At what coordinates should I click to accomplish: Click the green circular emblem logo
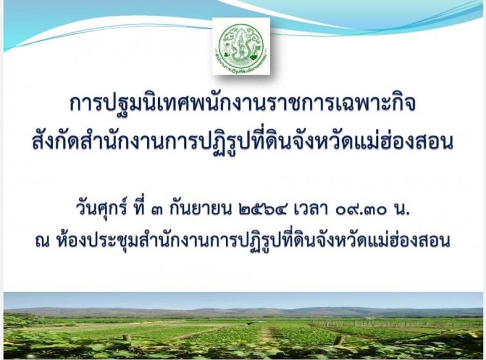coord(241,46)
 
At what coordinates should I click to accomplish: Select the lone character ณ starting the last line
coord(42,242)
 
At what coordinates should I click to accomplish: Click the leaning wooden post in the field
coord(340,340)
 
